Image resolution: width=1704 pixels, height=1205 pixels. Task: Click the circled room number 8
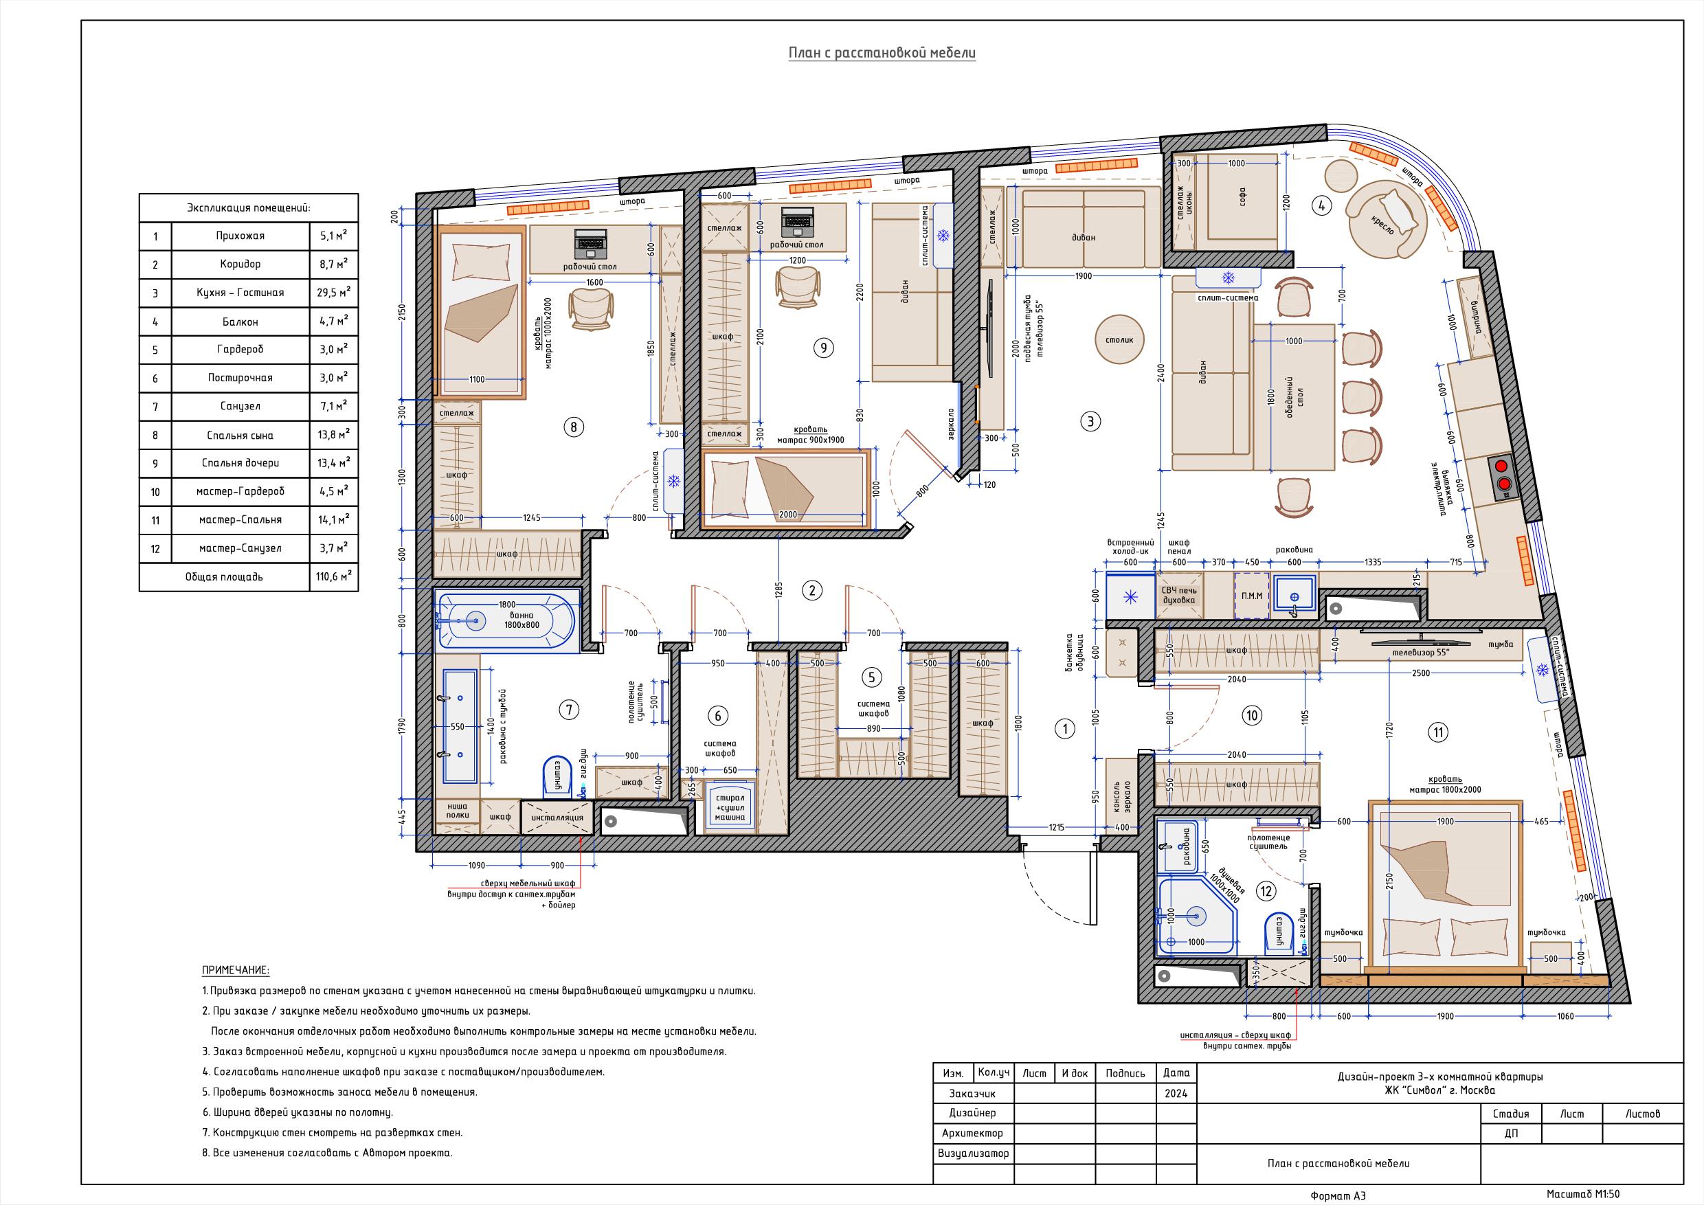[574, 427]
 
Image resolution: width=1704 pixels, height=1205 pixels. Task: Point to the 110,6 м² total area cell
[333, 576]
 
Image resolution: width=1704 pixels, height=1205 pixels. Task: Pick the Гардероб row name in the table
[240, 350]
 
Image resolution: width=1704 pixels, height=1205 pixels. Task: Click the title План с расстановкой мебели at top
[881, 54]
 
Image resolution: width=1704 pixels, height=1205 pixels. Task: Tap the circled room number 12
[1265, 890]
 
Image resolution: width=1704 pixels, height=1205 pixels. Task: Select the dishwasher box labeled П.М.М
[1252, 595]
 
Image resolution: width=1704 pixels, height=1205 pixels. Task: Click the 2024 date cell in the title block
[1176, 1094]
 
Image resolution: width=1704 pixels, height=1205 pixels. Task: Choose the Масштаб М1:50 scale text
[1583, 1194]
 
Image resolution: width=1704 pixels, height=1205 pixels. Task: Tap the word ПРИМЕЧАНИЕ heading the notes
[235, 971]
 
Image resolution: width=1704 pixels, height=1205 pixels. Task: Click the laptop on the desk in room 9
[797, 219]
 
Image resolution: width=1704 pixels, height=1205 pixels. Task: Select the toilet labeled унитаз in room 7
[556, 776]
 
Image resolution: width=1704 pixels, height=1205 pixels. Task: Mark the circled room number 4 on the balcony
[1321, 205]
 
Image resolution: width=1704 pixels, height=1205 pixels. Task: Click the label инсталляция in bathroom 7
[557, 818]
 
